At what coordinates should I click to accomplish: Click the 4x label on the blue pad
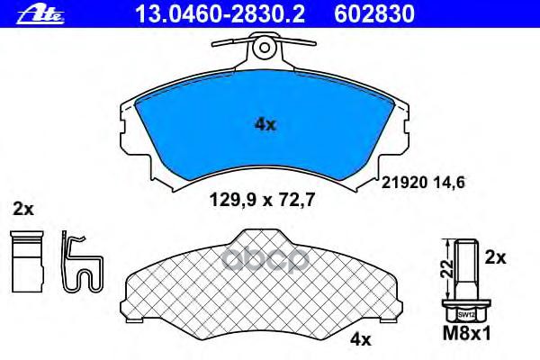(265, 125)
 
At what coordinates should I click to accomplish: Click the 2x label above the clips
(23, 210)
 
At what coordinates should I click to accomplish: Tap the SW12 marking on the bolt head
(465, 315)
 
